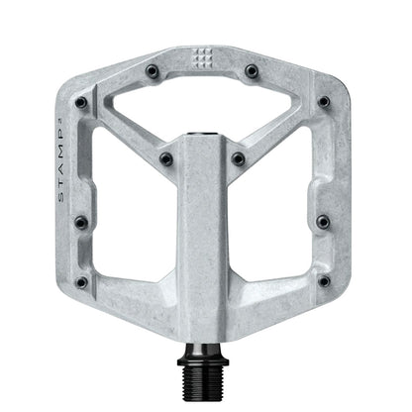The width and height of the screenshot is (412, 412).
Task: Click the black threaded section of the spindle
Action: tap(205, 378)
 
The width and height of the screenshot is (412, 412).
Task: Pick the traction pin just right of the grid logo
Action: tap(252, 71)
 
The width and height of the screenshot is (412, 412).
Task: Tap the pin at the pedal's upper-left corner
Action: tap(81, 102)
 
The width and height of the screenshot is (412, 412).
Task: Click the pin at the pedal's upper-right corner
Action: tap(324, 101)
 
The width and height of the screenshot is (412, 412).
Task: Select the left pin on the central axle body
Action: tap(166, 158)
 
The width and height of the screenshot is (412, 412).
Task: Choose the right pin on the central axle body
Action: tap(239, 158)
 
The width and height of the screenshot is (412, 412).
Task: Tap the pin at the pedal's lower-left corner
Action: tap(81, 282)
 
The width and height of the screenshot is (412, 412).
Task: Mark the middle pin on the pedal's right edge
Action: tap(324, 223)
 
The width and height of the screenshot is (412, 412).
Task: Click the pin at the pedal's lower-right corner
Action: tap(324, 282)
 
